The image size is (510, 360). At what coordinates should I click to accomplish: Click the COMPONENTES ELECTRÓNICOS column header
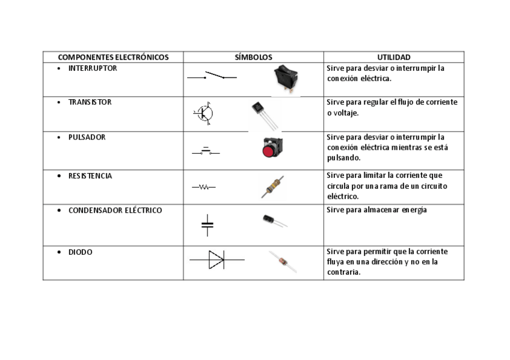coord(113,58)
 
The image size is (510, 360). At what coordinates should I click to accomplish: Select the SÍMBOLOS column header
coord(253,58)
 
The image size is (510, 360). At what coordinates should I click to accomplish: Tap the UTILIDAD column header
coord(393,58)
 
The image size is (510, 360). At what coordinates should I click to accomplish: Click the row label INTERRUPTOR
coord(93,69)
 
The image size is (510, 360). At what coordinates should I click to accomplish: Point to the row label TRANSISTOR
coord(90,102)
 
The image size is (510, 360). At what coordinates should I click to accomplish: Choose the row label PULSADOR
coord(87,137)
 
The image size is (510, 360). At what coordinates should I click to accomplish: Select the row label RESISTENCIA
coord(90,176)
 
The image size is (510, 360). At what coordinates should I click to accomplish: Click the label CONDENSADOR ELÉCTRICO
coord(115,211)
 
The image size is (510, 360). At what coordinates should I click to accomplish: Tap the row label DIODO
coord(81,252)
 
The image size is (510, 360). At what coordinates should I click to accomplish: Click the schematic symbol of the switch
coord(212,76)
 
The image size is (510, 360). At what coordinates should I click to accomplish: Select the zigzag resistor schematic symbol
coord(204,188)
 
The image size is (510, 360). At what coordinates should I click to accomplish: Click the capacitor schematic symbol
coord(207,224)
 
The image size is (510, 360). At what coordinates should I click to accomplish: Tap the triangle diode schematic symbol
coord(217,260)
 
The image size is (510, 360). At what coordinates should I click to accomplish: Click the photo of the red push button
coord(268,148)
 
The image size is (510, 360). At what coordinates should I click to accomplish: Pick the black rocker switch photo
coord(285,79)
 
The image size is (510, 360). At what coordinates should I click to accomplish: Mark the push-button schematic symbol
coord(206,151)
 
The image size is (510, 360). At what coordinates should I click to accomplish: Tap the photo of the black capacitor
coord(274,221)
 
